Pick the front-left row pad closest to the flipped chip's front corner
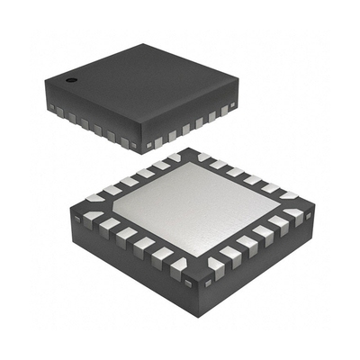[178, 267]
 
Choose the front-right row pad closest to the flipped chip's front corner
[216, 266]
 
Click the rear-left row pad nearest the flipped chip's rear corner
[172, 159]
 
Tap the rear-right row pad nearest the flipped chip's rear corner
[204, 158]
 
